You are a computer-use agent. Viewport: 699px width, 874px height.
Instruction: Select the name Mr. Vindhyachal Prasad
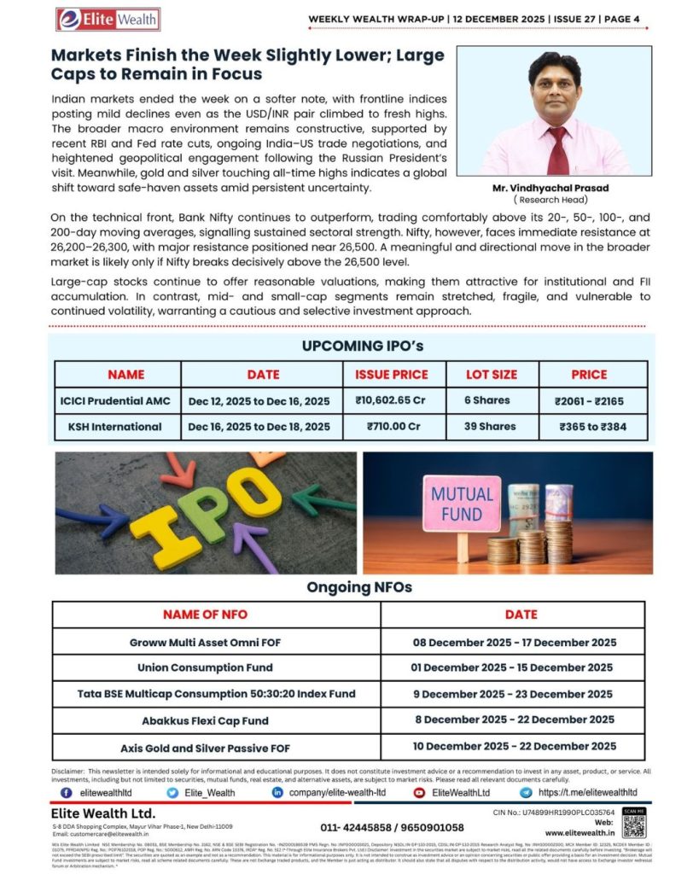556,188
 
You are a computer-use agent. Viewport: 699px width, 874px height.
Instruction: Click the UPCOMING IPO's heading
350,346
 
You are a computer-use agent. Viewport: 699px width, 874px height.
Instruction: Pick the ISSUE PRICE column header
392,374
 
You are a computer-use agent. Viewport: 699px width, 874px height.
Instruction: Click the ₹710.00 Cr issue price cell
393,426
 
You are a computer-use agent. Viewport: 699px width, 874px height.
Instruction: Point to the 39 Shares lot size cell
491,426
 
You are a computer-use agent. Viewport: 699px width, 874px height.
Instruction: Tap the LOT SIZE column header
491,374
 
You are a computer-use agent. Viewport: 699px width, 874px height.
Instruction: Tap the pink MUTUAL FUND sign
462,504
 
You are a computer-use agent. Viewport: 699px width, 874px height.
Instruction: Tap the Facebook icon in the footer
66,793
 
